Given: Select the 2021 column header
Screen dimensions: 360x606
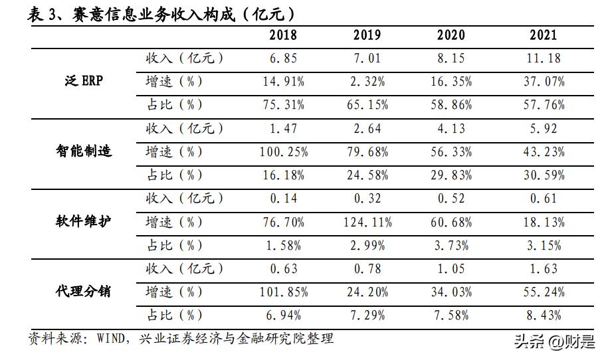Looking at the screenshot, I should [543, 35].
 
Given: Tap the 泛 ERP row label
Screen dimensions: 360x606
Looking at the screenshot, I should [83, 82].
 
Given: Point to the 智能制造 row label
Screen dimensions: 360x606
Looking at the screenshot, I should [84, 151].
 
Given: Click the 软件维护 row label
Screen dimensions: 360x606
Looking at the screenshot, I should [84, 222].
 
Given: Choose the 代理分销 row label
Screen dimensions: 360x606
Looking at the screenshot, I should [84, 292].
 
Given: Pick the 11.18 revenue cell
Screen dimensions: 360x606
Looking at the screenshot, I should [543, 58].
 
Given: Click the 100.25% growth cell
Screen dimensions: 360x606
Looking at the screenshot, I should [284, 152].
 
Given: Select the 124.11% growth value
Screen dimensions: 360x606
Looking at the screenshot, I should [367, 222].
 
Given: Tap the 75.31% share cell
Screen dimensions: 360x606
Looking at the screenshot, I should [284, 105].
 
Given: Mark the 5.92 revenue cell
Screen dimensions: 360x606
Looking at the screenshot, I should [543, 128].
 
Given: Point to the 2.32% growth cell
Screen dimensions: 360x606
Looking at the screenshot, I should [367, 82].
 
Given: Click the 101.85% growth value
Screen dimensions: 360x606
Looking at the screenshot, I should [284, 292].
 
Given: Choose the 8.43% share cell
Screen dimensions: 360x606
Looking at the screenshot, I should [543, 315].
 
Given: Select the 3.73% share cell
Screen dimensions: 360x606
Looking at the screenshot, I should [451, 245].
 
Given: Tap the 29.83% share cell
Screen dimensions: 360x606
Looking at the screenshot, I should [451, 175].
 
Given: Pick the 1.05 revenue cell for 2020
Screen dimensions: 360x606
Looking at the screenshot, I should [451, 268].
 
